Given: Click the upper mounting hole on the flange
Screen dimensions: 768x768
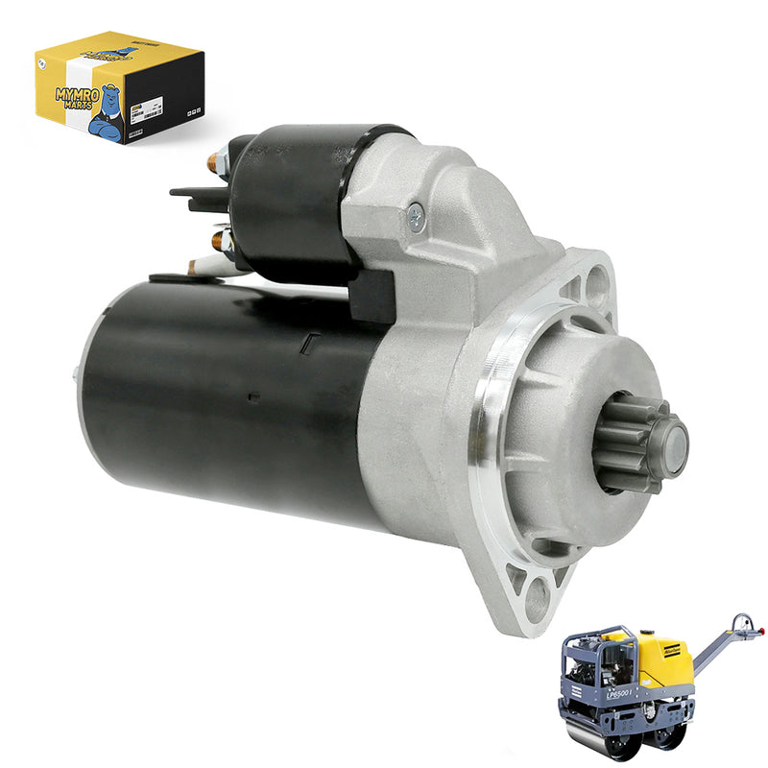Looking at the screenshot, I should [x=595, y=284].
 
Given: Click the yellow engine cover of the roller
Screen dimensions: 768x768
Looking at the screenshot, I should [x=662, y=662].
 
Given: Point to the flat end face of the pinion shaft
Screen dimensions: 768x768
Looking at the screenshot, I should [x=674, y=447].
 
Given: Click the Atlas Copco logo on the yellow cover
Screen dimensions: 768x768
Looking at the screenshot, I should [x=672, y=651].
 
